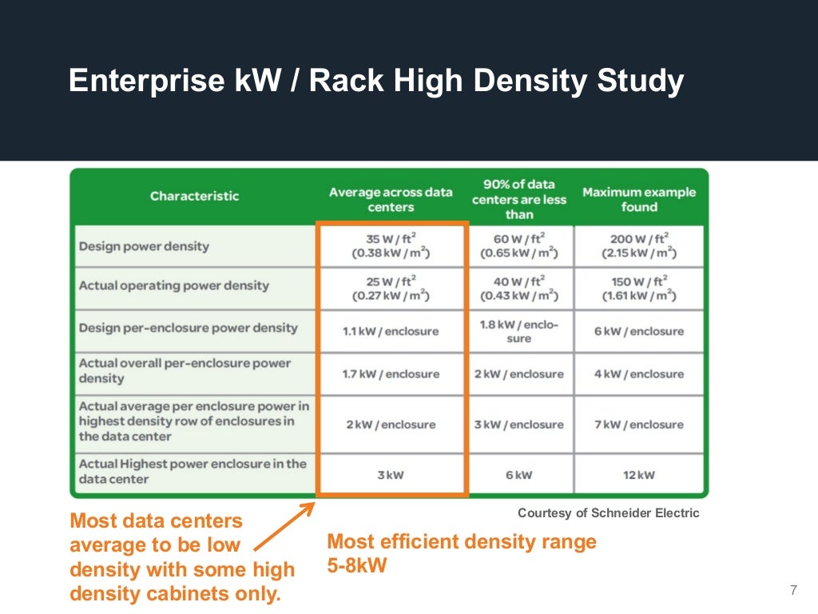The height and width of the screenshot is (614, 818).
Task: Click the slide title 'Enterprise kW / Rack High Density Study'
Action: (x=375, y=82)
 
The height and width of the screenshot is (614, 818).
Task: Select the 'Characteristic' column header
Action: (x=194, y=196)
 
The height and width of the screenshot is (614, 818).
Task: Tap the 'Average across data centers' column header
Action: (x=391, y=200)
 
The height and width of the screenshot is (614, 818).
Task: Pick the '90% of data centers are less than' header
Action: (x=519, y=199)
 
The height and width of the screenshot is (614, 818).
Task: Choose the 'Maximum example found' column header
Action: (x=639, y=199)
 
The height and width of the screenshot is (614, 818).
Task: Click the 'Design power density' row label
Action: (x=144, y=246)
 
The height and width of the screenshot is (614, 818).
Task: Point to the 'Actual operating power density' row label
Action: (x=173, y=285)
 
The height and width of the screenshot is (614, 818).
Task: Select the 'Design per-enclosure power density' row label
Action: (x=188, y=328)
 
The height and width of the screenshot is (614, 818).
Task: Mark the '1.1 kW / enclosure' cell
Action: (x=391, y=331)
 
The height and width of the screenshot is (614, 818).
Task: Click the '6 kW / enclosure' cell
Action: (x=639, y=331)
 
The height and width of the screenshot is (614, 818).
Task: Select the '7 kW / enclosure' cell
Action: (x=639, y=424)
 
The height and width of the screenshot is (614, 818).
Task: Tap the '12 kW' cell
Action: (x=639, y=475)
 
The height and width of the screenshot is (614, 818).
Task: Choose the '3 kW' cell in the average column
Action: (x=391, y=475)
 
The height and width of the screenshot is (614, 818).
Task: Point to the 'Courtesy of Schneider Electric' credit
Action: (x=608, y=513)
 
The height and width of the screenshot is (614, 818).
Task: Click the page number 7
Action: (x=793, y=591)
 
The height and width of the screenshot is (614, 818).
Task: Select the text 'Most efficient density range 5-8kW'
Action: (x=462, y=552)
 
